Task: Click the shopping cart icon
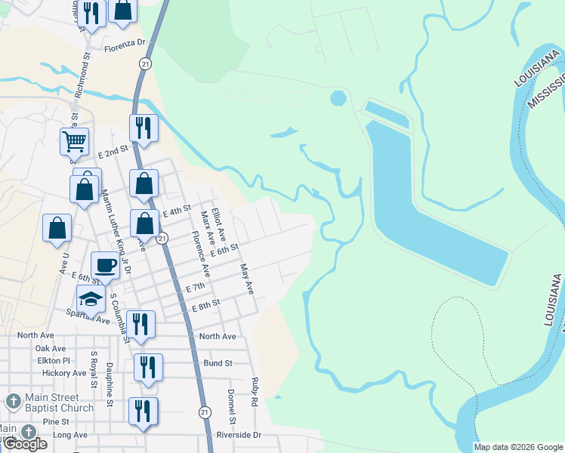[x=75, y=140]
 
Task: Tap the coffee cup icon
[x=105, y=265]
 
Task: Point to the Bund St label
[x=218, y=363]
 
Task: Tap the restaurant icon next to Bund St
[x=148, y=367]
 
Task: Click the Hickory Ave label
[x=64, y=373]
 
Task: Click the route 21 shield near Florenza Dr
[x=144, y=63]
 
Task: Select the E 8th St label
[x=205, y=304]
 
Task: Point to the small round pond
[x=338, y=98]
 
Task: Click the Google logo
[x=25, y=444]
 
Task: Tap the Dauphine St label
[x=109, y=393]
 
